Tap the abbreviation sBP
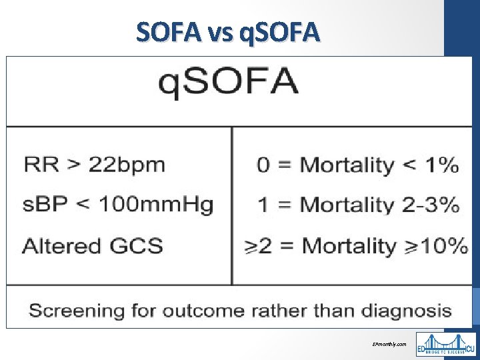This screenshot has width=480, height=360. point(40,204)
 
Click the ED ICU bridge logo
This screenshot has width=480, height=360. point(445,344)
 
